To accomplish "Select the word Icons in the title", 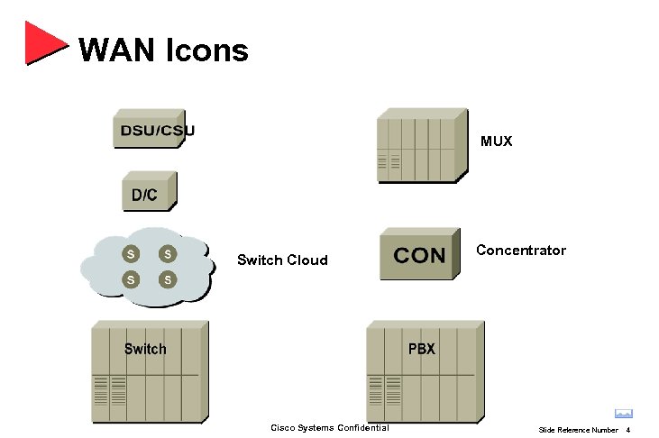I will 206,50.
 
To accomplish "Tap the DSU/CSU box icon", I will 153,130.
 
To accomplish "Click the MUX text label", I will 496,141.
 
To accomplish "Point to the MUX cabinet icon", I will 422,146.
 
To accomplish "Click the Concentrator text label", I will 521,251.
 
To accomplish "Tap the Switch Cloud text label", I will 282,260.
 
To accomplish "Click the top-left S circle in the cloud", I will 132,254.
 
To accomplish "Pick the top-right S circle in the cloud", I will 167,254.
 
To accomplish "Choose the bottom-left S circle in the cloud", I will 132,279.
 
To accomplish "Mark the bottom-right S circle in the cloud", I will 167,279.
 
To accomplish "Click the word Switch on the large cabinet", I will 145,349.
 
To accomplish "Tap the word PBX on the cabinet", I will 421,349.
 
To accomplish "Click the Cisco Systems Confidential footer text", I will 330,427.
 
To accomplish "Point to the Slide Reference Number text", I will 578,430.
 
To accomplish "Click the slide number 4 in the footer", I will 627,430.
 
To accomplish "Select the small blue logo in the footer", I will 623,414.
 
